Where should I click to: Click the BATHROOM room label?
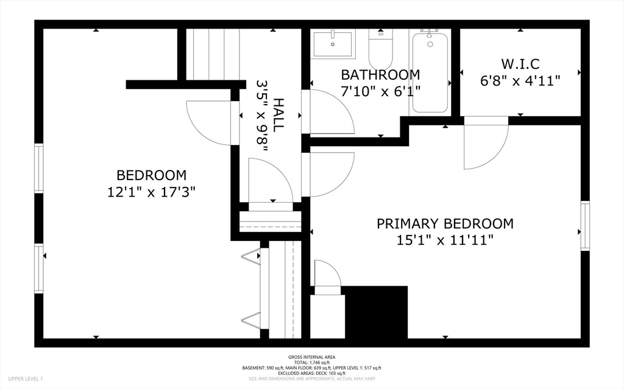pyautogui.click(x=380, y=75)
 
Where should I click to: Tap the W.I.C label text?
pyautogui.click(x=520, y=64)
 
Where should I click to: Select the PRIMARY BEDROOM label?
pyautogui.click(x=445, y=223)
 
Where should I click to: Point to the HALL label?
pyautogui.click(x=278, y=115)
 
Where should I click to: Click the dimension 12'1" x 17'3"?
pyautogui.click(x=151, y=192)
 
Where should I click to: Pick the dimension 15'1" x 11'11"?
pyautogui.click(x=445, y=240)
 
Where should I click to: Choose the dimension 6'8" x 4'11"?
pyautogui.click(x=520, y=81)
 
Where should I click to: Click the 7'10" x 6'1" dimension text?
pyautogui.click(x=380, y=91)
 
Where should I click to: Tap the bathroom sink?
pyautogui.click(x=333, y=44)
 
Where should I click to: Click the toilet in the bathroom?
pyautogui.click(x=381, y=49)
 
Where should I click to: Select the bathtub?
pyautogui.click(x=430, y=72)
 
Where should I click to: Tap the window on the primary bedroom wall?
pyautogui.click(x=585, y=226)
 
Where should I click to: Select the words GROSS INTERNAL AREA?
pyautogui.click(x=311, y=357)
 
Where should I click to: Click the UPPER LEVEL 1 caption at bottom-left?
pyautogui.click(x=25, y=379)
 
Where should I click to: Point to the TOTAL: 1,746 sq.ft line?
pyautogui.click(x=311, y=363)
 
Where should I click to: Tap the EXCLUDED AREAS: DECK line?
pyautogui.click(x=311, y=374)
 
